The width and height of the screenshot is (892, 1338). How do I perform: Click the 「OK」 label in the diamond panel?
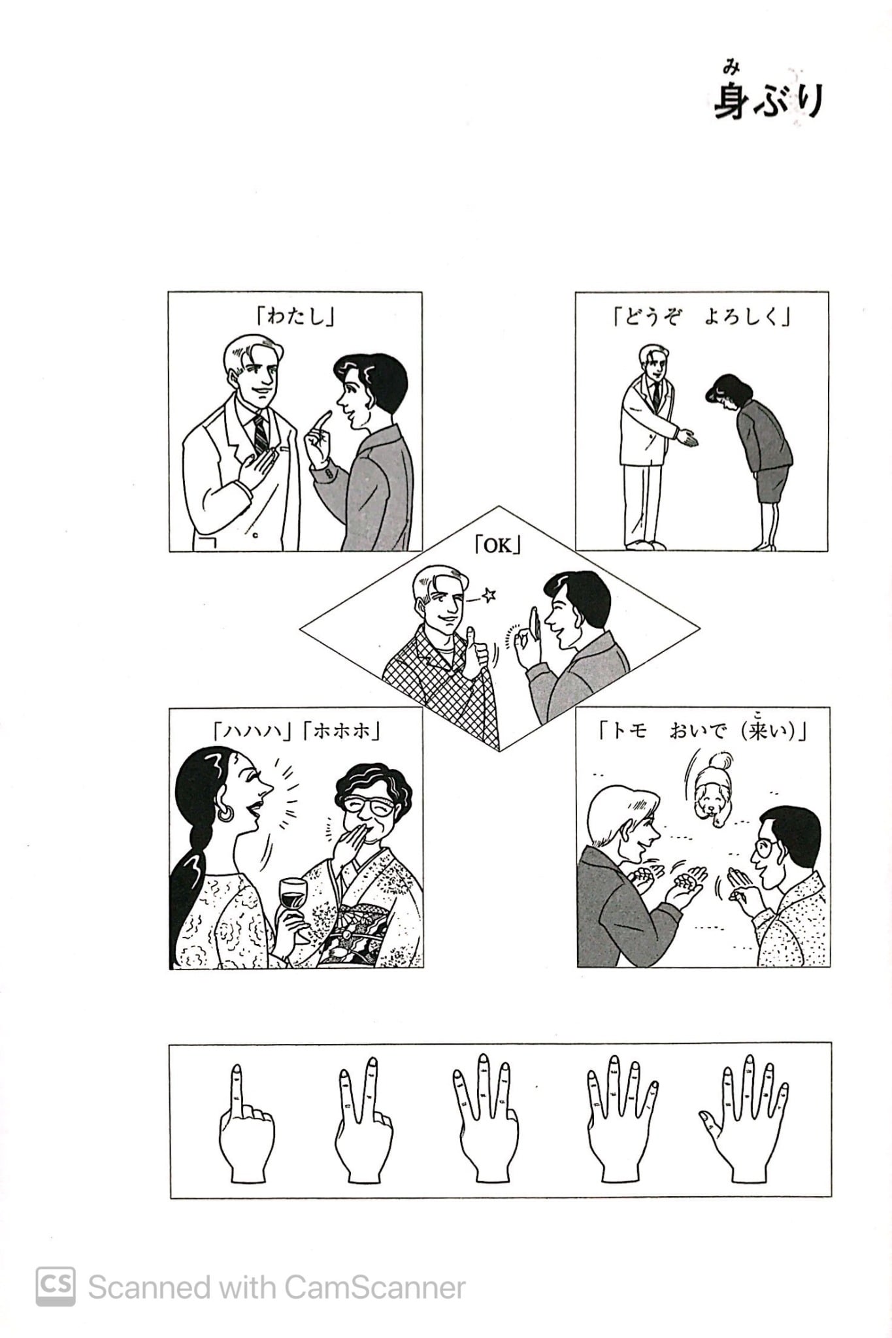click(x=498, y=546)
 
